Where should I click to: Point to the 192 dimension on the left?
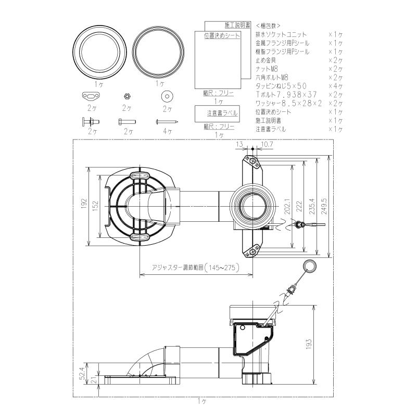coord(84,206)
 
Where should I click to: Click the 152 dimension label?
coord(96,206)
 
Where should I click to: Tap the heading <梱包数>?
coord(268,25)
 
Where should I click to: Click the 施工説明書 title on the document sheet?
coord(237,25)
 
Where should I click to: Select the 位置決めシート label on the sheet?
coord(222,35)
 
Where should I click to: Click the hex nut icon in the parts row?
coord(125,96)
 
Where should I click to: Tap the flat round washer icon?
coord(167,96)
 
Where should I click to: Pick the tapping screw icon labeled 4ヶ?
coord(167,122)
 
